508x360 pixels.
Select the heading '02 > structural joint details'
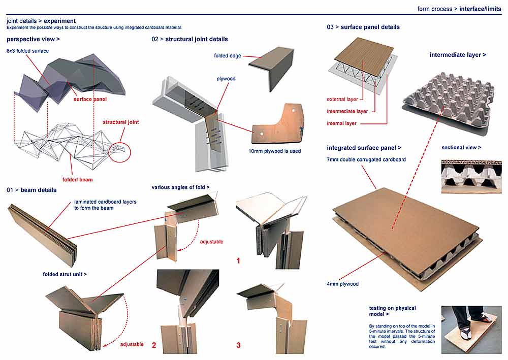(189, 39)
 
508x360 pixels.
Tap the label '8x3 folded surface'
(27, 51)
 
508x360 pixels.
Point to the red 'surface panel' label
(90, 100)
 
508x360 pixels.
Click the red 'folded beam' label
(77, 179)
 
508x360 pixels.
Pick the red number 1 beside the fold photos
(238, 261)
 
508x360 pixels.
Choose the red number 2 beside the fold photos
(154, 345)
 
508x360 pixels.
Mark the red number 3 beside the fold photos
(238, 345)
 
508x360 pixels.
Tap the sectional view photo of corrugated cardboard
(471, 177)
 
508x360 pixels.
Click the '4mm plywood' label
(342, 284)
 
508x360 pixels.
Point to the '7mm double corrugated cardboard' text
(366, 159)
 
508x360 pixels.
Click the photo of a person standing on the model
(471, 329)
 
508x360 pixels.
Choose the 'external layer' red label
(342, 99)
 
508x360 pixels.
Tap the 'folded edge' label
(228, 56)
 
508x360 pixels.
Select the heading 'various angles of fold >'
(180, 187)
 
